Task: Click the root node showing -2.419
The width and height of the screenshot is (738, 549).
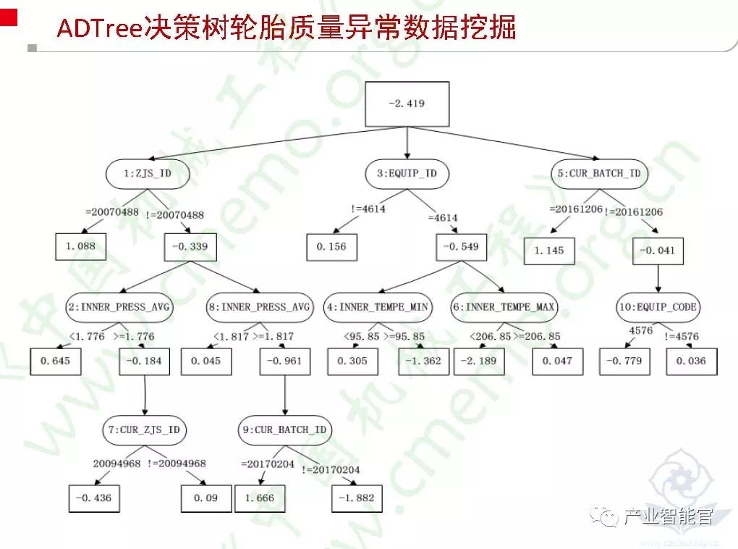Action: click(407, 104)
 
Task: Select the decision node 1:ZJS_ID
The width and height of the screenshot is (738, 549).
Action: click(148, 174)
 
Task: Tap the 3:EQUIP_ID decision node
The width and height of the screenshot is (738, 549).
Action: click(407, 174)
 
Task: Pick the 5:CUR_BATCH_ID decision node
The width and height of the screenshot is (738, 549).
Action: click(599, 174)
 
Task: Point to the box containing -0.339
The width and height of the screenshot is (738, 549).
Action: click(190, 246)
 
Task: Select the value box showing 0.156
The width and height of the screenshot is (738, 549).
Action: click(331, 246)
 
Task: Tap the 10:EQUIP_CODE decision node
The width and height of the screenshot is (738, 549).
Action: click(658, 307)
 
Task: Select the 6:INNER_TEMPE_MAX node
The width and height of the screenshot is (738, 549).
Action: click(505, 307)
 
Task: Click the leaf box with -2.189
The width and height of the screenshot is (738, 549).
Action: click(478, 361)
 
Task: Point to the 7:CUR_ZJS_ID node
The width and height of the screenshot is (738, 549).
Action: click(144, 430)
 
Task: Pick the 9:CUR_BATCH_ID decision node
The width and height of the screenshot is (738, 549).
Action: click(284, 430)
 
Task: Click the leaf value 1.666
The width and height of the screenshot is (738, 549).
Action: click(260, 498)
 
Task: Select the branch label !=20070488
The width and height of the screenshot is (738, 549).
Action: click(175, 215)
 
